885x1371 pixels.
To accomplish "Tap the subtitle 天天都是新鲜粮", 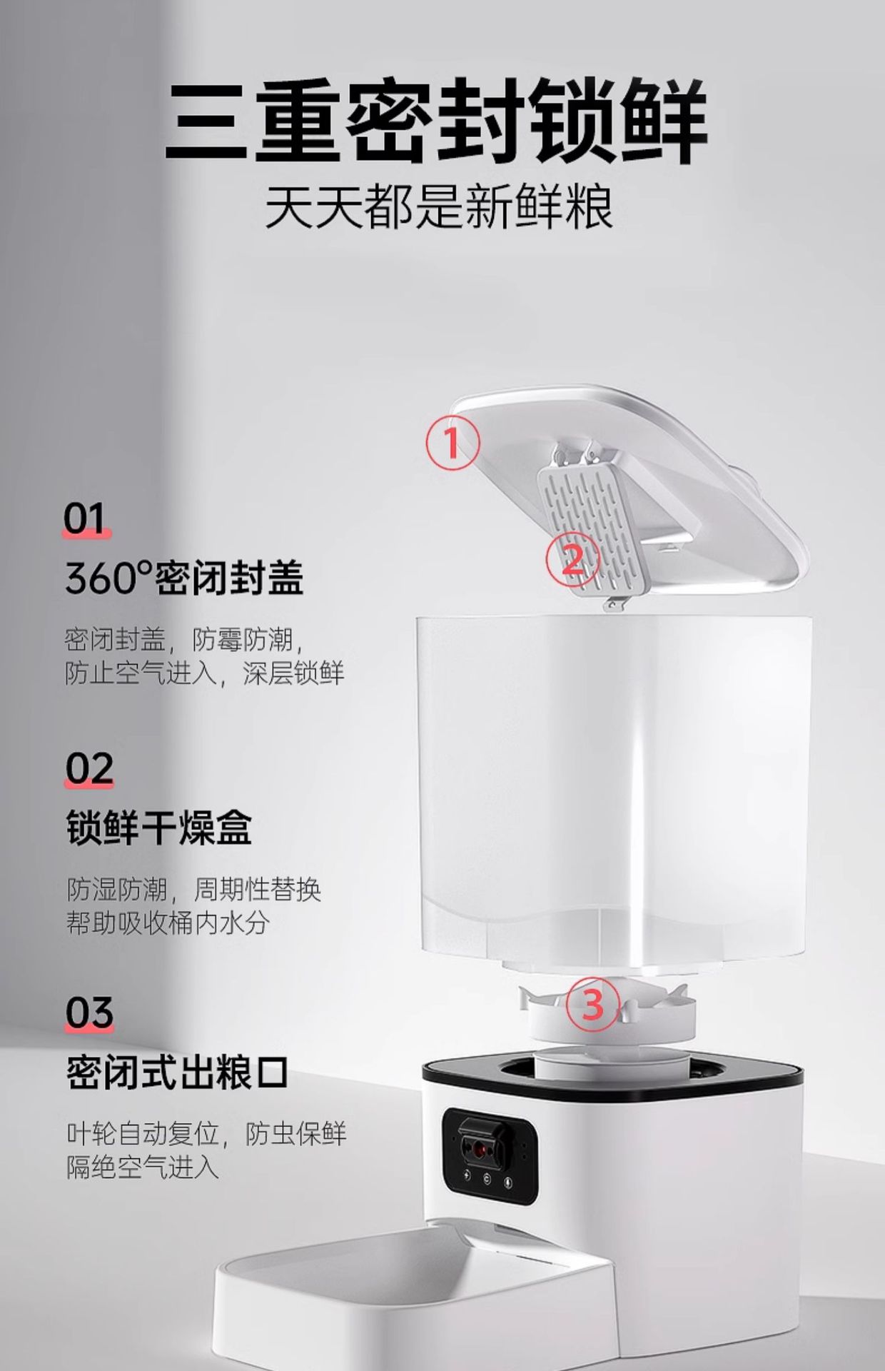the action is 439,206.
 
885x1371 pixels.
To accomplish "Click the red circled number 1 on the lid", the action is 452,443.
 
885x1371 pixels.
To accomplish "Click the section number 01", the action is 86,519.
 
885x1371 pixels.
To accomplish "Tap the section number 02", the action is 89,769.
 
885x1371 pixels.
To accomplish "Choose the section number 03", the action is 89,1013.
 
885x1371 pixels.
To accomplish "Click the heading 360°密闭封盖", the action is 184,578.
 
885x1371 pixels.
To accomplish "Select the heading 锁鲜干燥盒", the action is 159,828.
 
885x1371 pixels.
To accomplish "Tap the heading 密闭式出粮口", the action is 178,1072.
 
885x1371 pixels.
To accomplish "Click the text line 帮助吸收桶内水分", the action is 168,923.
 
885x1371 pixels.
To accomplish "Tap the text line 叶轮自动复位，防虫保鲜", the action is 206,1134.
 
